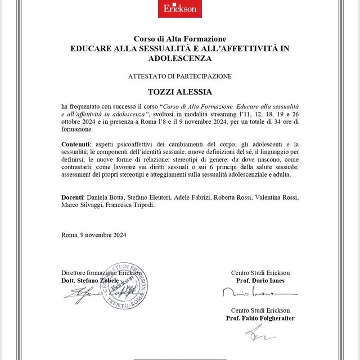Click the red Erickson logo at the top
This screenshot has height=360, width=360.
click(x=179, y=8)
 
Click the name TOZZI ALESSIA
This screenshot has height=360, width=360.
click(x=179, y=92)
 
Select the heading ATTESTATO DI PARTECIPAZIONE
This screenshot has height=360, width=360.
click(x=179, y=75)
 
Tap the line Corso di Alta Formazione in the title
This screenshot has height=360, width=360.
click(x=179, y=39)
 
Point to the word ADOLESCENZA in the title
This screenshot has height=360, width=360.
click(x=179, y=58)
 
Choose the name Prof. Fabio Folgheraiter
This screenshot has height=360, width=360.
click(x=260, y=318)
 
